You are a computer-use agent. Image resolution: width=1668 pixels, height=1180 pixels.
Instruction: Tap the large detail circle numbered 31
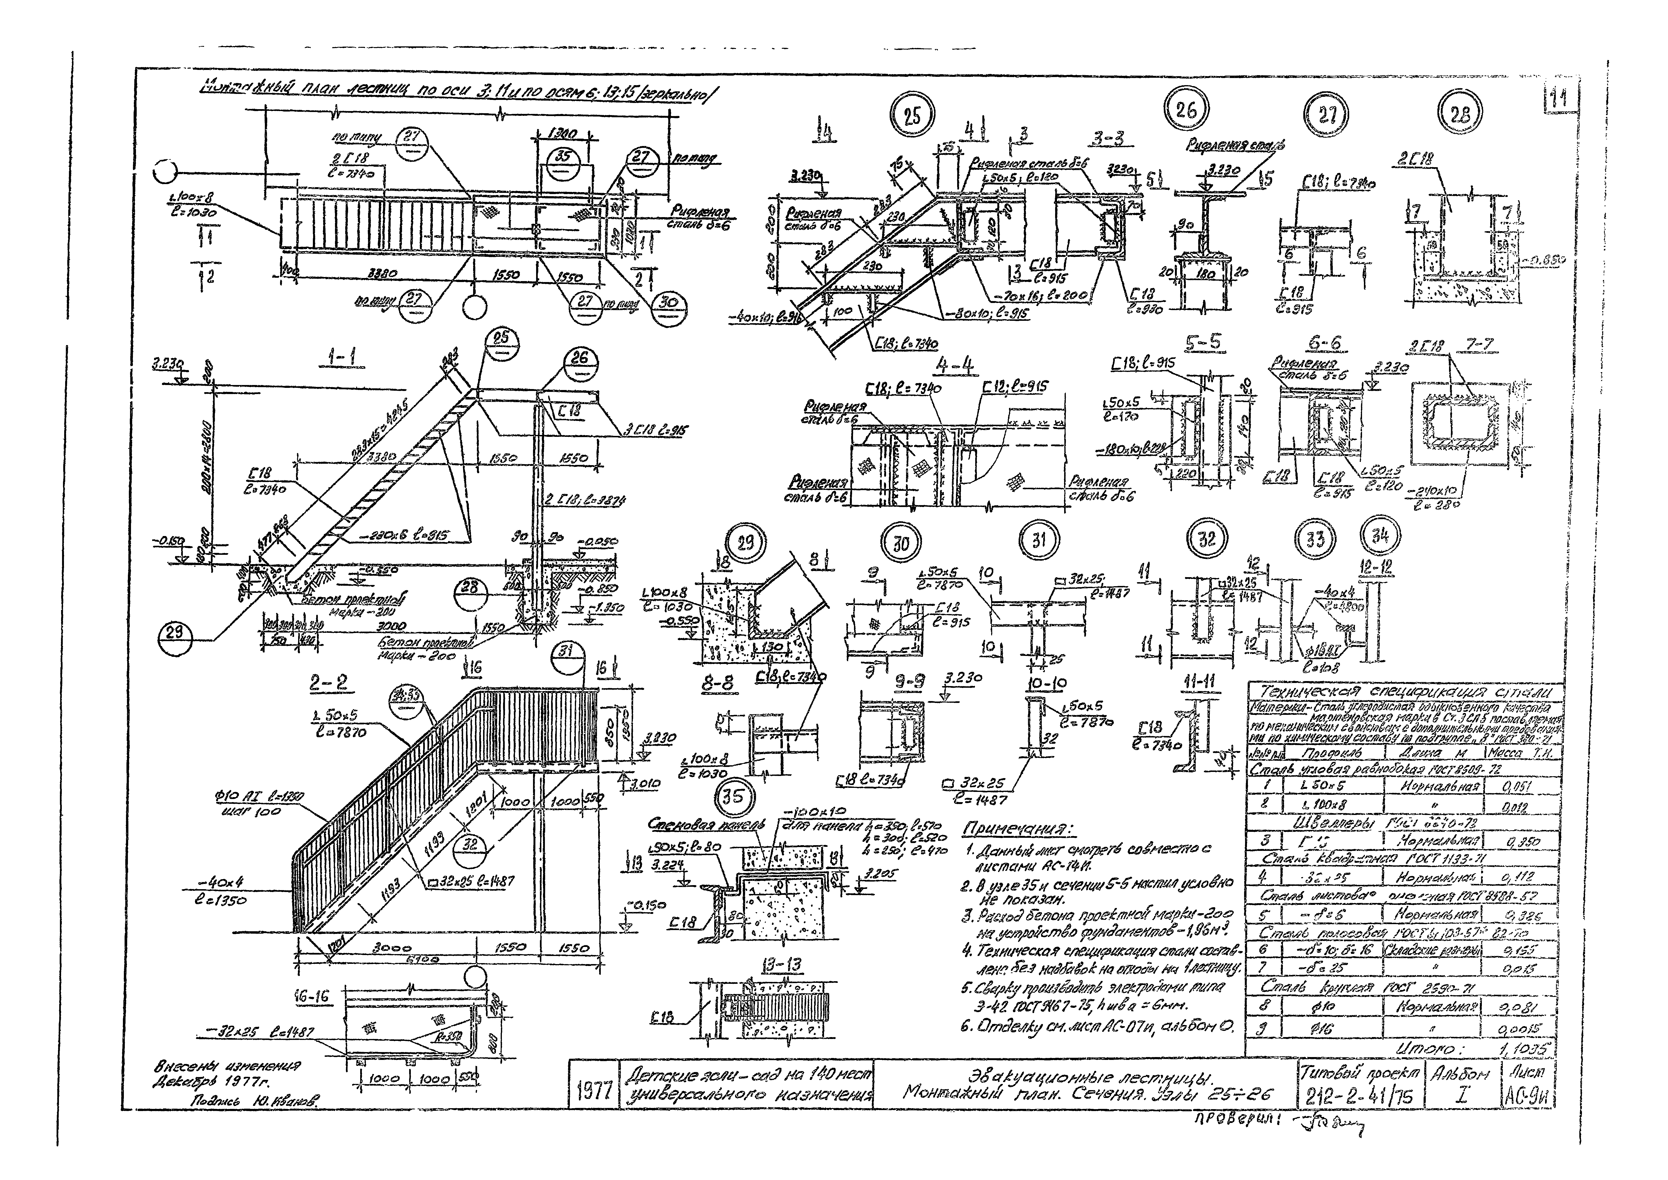[1039, 540]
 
